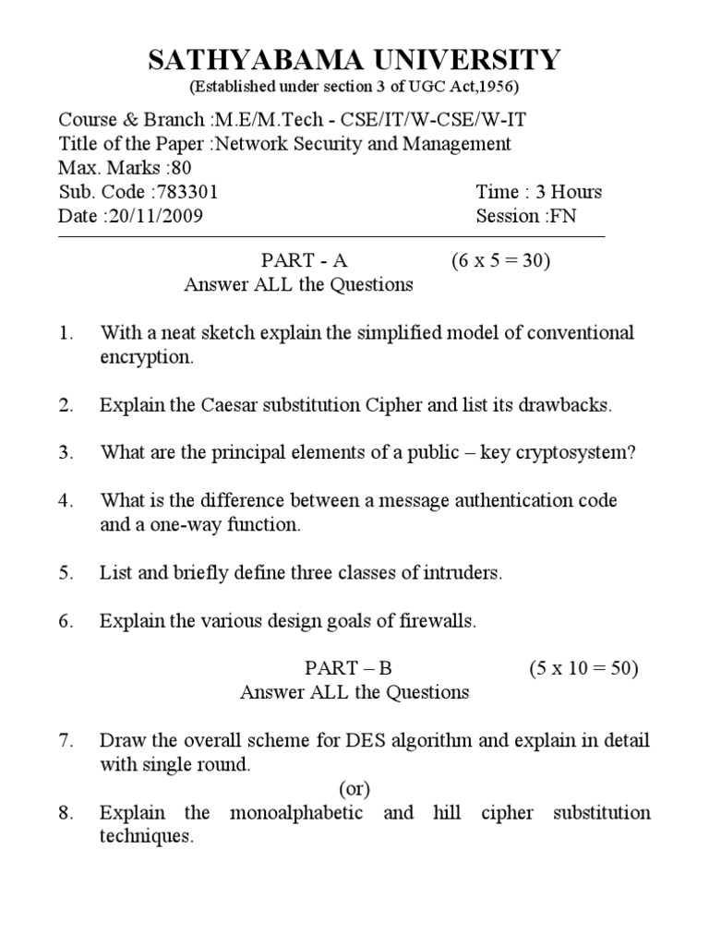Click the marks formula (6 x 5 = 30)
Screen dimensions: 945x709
click(501, 260)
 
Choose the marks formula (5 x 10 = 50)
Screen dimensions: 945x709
click(583, 668)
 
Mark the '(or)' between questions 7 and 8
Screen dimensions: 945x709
click(354, 788)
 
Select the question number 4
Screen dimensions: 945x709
click(66, 500)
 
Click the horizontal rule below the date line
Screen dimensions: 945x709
click(332, 237)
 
